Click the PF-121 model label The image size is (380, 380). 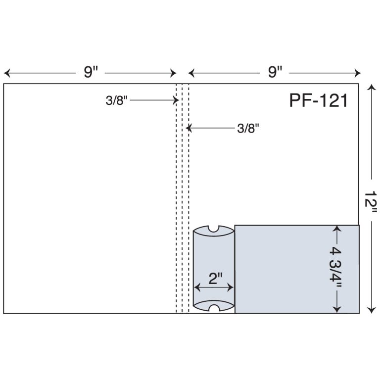[x=319, y=101]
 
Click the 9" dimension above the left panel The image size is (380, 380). [x=91, y=73]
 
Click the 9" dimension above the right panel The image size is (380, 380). [x=275, y=73]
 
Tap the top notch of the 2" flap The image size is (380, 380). [x=214, y=229]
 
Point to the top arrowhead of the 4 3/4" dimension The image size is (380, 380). [x=337, y=229]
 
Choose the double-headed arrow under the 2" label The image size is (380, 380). [x=213, y=287]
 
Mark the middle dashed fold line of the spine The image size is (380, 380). [x=182, y=198]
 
